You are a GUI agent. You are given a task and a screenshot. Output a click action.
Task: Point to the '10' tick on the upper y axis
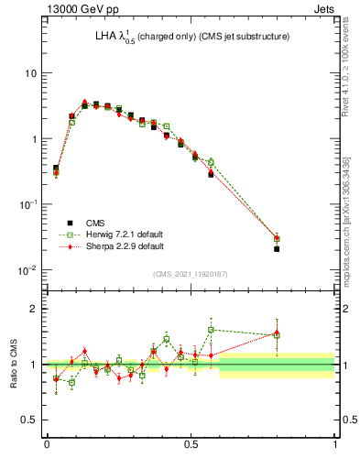[29, 73]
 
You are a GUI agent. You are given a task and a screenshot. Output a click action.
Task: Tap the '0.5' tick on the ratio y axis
[27, 420]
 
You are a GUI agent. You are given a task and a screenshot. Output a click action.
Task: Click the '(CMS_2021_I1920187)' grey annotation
[191, 274]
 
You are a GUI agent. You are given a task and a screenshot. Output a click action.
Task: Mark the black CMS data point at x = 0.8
[277, 249]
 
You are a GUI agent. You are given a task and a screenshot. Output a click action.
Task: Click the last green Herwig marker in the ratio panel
[277, 335]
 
